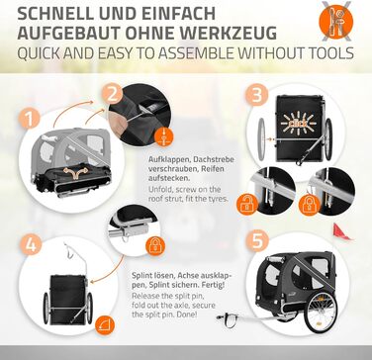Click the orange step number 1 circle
tap(29, 119)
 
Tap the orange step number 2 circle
tap(112, 94)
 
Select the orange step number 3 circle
tap(256, 95)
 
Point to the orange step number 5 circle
tap(257, 240)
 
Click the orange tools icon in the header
tap(335, 22)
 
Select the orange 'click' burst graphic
tap(298, 125)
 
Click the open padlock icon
tap(247, 206)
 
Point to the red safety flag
tap(341, 231)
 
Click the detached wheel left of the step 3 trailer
tap(261, 139)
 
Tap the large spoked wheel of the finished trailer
tap(321, 312)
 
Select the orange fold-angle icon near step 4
tap(105, 325)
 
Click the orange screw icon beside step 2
tap(163, 136)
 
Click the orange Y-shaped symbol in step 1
tap(76, 172)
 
